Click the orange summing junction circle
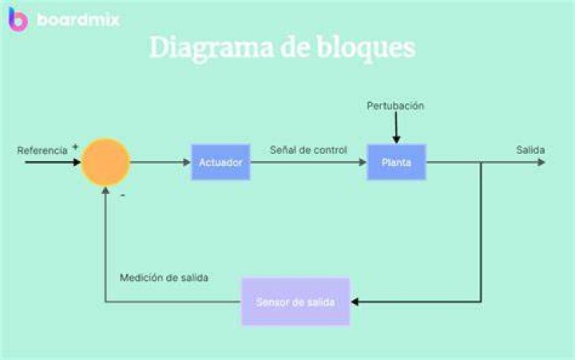[105, 162]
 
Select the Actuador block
[220, 162]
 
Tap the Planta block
[396, 162]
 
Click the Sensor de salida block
[295, 302]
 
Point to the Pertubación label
[395, 105]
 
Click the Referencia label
[42, 150]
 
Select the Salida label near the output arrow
[530, 149]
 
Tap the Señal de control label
[308, 149]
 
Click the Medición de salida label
[164, 278]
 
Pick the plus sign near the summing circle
[75, 147]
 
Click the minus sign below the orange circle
[123, 196]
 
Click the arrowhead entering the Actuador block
[187, 162]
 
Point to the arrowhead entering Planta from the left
[363, 162]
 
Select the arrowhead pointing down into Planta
[396, 140]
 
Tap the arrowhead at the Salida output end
[541, 162]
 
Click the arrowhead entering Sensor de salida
[355, 302]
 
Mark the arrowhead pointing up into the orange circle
[105, 191]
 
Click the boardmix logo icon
[18, 19]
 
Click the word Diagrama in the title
[212, 49]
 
